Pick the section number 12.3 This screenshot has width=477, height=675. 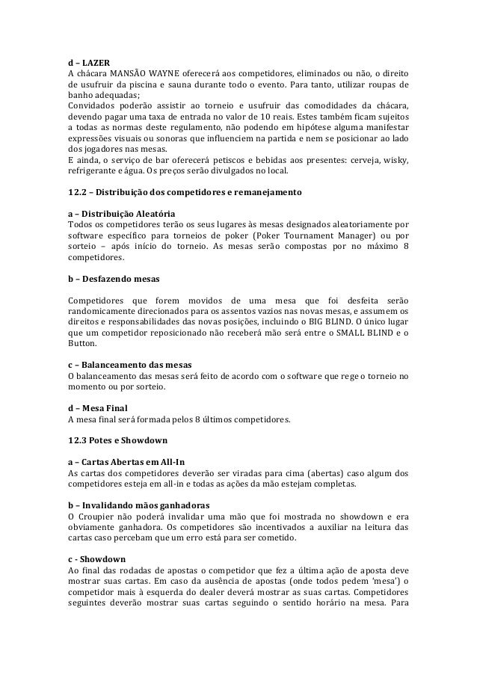[78, 441]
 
